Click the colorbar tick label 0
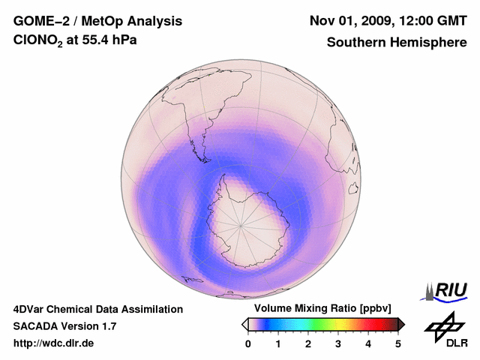tap(248, 344)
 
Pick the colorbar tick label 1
tap(278, 344)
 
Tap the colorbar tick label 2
tap(308, 344)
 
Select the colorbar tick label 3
tap(338, 344)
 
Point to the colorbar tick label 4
tap(368, 344)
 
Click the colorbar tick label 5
tap(398, 344)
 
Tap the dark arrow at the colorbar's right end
tap(401, 324)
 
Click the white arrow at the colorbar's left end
tap(245, 324)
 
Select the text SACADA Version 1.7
tap(64, 326)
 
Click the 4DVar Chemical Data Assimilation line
tap(98, 309)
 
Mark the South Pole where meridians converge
tap(241, 224)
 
